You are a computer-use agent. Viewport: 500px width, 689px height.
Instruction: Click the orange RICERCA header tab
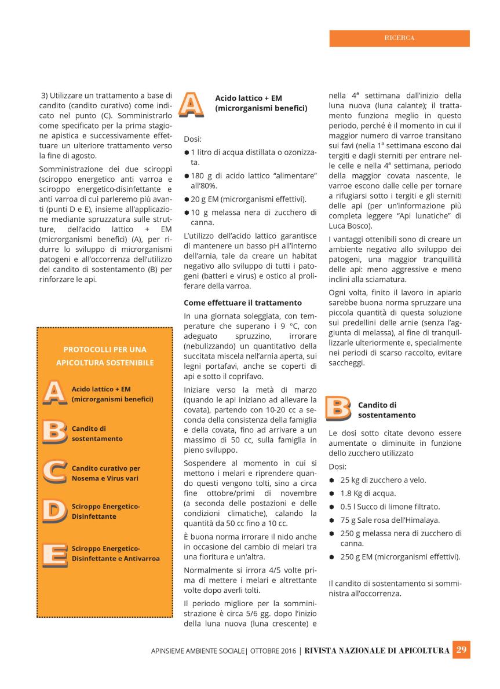click(x=399, y=38)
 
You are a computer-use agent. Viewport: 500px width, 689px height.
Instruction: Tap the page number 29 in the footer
click(x=462, y=650)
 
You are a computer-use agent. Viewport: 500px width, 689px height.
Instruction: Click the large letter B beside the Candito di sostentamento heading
click(x=338, y=408)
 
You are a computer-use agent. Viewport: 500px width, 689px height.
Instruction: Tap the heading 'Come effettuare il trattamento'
click(x=243, y=302)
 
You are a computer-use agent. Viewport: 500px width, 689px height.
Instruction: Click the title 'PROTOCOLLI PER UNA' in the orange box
click(x=105, y=349)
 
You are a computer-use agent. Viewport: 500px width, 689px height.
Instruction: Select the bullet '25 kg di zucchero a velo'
click(x=383, y=479)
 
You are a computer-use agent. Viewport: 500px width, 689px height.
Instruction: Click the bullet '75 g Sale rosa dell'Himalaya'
click(x=389, y=520)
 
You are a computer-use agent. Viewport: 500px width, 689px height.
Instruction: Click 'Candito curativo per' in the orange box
click(x=106, y=468)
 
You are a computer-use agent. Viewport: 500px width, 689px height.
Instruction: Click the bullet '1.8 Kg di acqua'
click(x=368, y=493)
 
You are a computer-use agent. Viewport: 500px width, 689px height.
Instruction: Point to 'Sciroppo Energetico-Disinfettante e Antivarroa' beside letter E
click(x=115, y=553)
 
